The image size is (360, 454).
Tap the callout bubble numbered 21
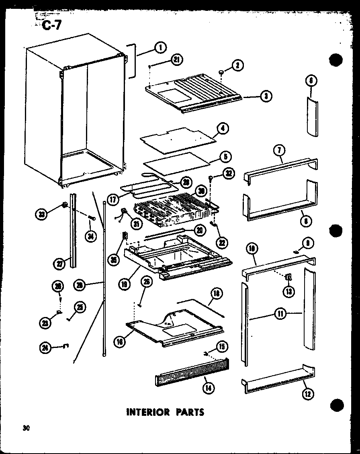click(x=176, y=60)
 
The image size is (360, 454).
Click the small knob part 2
click(x=221, y=72)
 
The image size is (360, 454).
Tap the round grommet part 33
click(x=65, y=206)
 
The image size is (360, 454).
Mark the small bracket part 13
click(x=288, y=277)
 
